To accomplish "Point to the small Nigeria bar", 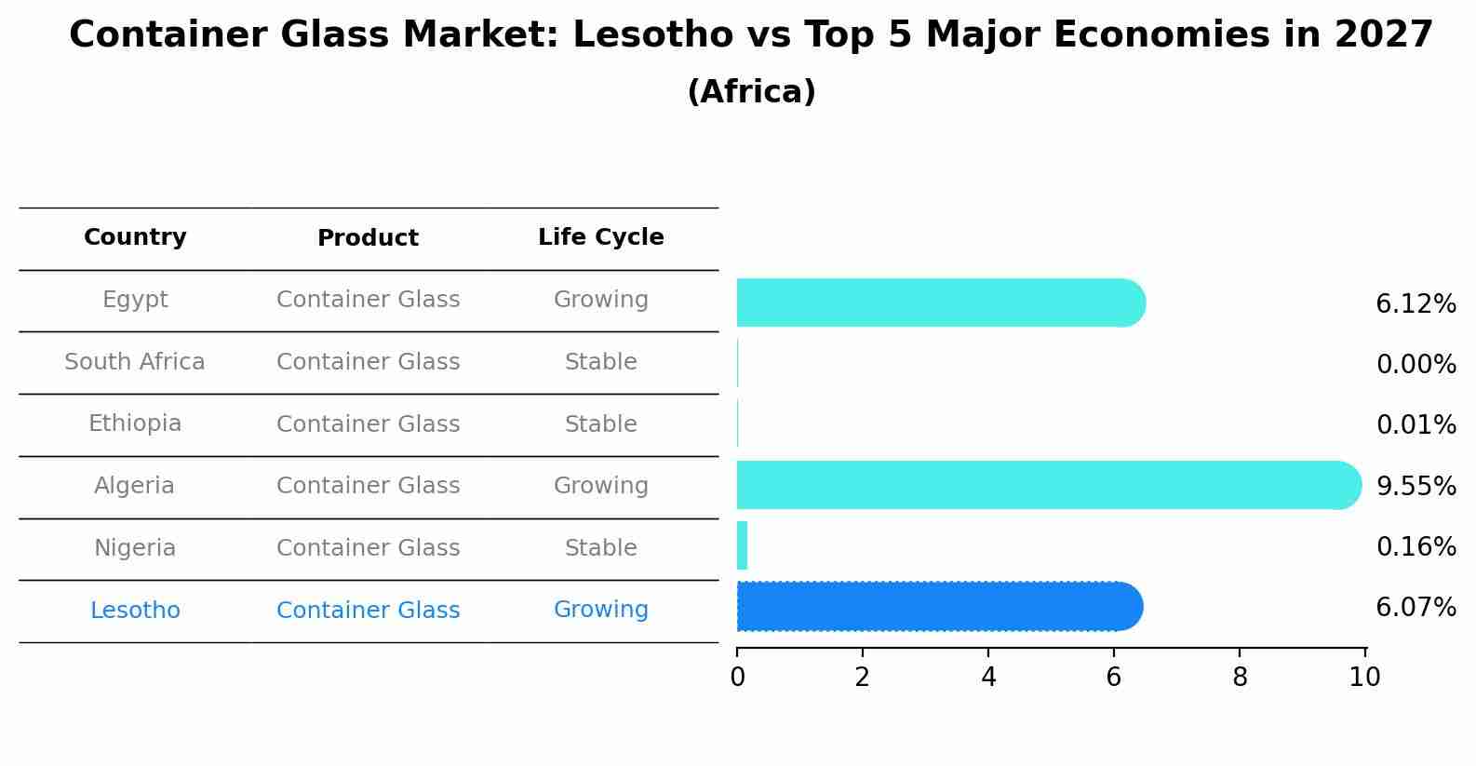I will (742, 545).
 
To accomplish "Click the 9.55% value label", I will (1416, 486).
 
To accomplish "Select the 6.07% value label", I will (1416, 608).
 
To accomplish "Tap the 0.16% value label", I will (1416, 546).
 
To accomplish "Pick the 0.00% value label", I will (1416, 365).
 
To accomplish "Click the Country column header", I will (135, 237).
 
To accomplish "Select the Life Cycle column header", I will (600, 237).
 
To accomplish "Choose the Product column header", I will (368, 238).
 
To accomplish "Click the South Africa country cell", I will (135, 362).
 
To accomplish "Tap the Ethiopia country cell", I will (135, 423).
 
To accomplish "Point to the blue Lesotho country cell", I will (135, 611).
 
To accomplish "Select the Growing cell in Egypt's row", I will (600, 300).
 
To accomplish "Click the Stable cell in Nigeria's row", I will (600, 548).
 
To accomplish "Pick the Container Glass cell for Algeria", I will (368, 486).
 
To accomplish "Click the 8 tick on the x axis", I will (1239, 678).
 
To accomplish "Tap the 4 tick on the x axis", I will (988, 678).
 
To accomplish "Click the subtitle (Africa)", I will (751, 92).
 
